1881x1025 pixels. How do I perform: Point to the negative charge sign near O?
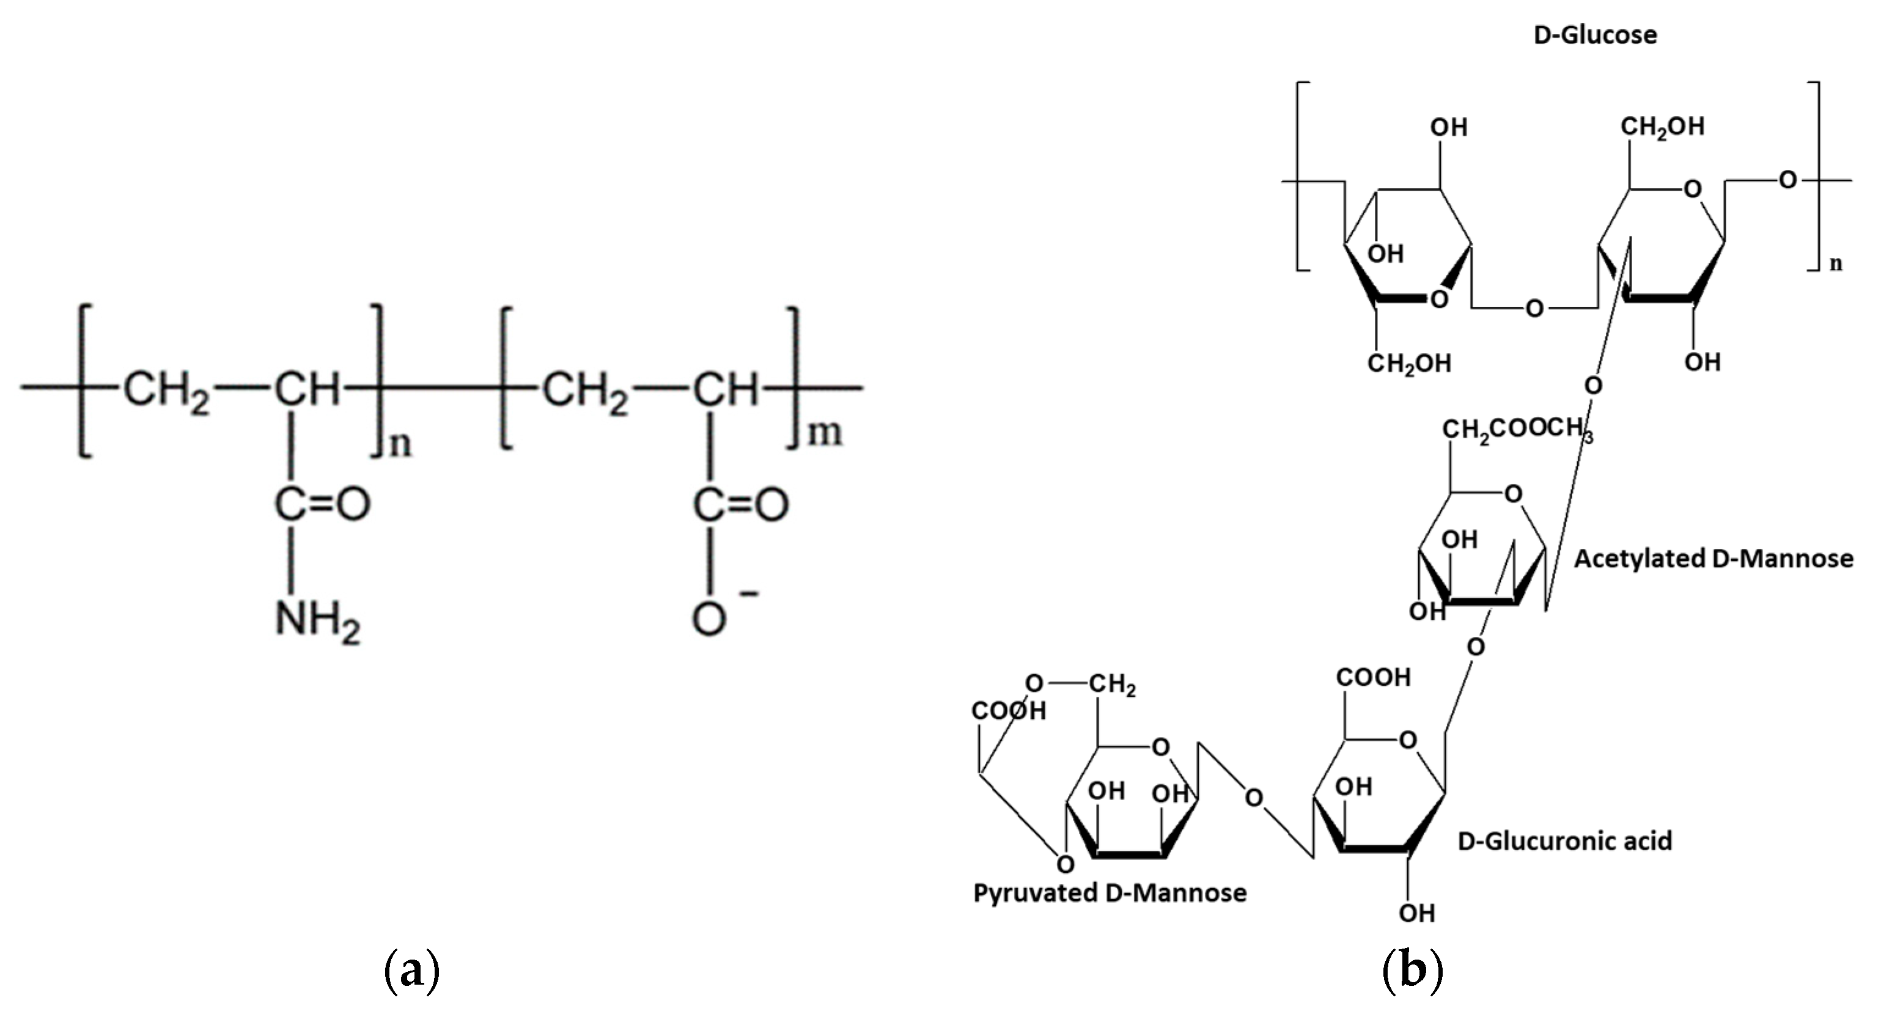748,593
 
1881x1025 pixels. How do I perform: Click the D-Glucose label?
1595,35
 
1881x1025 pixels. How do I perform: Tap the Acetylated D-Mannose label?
1713,559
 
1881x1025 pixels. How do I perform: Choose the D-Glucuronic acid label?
1564,841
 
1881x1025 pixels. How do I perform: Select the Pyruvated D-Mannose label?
1110,893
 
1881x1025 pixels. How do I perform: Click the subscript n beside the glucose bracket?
1836,263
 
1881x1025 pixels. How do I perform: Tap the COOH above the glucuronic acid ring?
1374,677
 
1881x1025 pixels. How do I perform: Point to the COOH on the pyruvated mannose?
1009,710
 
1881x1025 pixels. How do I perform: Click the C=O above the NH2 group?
322,504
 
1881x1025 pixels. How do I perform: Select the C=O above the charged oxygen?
740,504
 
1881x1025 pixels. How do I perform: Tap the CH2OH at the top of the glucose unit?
1663,127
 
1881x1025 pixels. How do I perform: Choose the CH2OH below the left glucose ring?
1409,363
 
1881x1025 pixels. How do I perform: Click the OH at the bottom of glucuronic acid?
1416,913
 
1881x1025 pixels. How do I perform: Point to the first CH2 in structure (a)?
166,391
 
